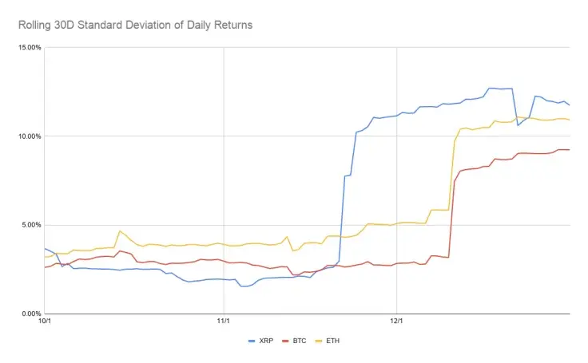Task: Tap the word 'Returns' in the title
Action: click(x=232, y=25)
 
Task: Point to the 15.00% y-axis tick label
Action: click(x=30, y=47)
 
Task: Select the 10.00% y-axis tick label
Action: click(x=30, y=136)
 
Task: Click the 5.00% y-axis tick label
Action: click(x=31, y=224)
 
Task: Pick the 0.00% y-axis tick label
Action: click(x=31, y=314)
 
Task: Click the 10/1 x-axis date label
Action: click(x=45, y=322)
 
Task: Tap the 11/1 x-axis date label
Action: click(x=224, y=322)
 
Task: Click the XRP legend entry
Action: click(x=268, y=340)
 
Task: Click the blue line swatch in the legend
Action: click(x=253, y=340)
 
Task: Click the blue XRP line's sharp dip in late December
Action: click(x=518, y=125)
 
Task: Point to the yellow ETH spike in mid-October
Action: click(x=120, y=231)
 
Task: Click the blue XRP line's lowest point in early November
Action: click(x=243, y=286)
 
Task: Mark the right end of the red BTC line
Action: click(x=569, y=150)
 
